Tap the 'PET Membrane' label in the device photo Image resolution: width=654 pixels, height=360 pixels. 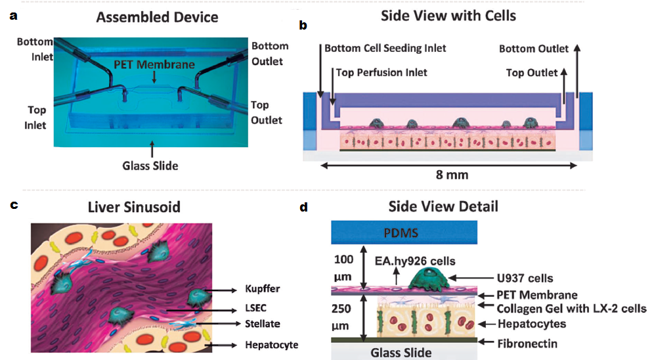[154, 64]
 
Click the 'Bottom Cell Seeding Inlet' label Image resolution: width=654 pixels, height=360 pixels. [385, 48]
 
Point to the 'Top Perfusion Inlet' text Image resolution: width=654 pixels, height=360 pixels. [381, 72]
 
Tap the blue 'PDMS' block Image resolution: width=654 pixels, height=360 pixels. [405, 233]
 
